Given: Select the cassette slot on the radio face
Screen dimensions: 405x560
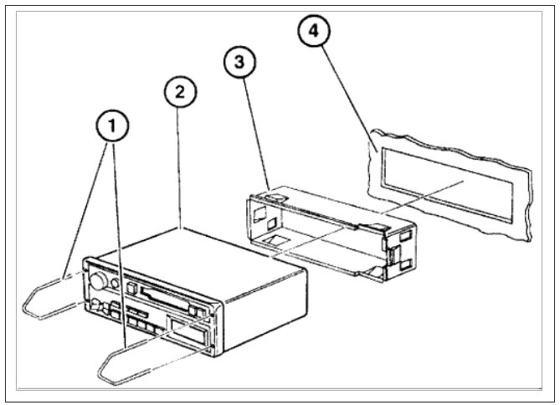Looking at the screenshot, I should tap(162, 295).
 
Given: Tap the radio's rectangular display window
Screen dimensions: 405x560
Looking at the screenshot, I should tap(188, 330).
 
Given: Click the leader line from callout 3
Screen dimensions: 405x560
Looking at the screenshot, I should tap(255, 134).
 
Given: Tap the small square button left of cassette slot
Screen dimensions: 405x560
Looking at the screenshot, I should tap(131, 290).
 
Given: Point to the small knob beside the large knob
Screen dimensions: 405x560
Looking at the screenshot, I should tap(99, 305).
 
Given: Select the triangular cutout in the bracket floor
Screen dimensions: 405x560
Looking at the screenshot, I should tap(276, 242).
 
